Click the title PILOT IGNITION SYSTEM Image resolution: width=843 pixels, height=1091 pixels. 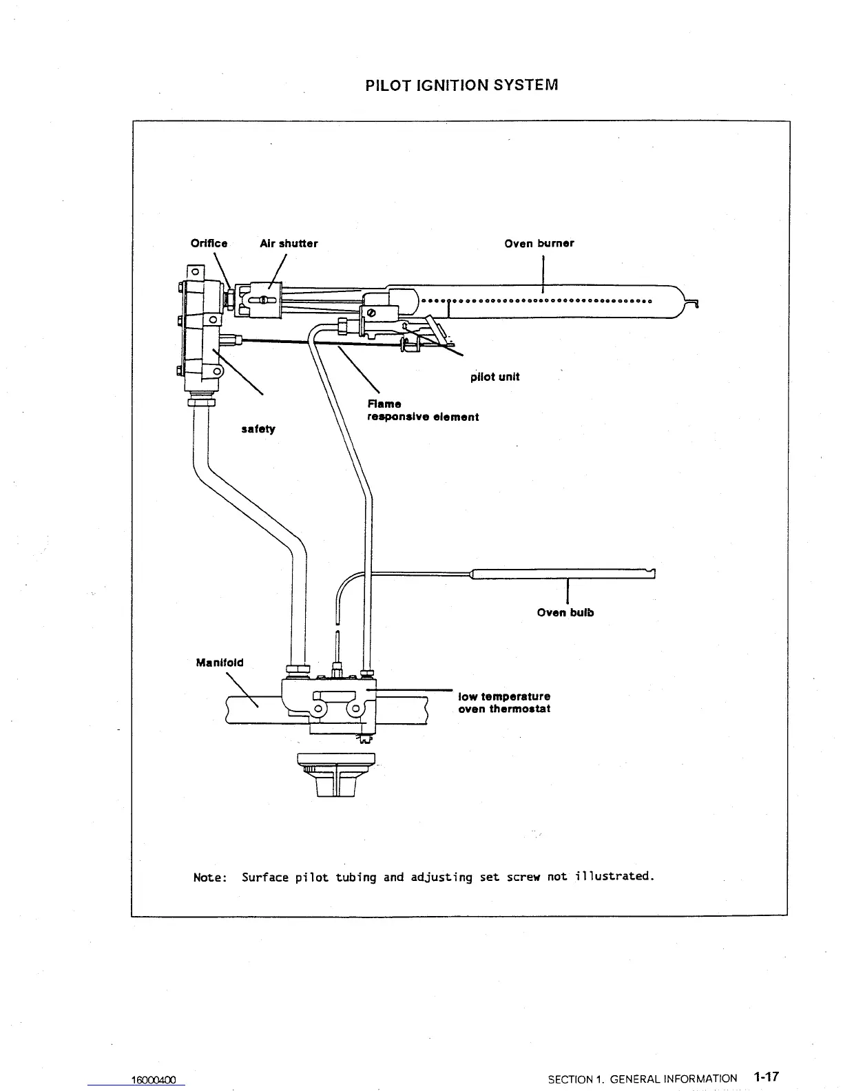(461, 85)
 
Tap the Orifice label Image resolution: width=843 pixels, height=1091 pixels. (209, 243)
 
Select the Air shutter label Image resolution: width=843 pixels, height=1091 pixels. (289, 243)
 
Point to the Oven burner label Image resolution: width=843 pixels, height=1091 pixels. (539, 243)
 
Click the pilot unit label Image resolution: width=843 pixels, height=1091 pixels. (495, 377)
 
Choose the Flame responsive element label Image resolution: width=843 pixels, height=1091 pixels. (422, 411)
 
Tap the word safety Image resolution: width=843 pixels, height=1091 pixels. (258, 429)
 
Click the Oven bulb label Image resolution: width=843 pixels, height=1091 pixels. (565, 612)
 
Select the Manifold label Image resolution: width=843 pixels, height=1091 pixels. (220, 663)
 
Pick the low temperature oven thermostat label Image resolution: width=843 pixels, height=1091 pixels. (504, 703)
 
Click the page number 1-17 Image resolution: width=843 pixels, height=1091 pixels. (765, 1077)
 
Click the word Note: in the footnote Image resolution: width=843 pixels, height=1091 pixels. (210, 877)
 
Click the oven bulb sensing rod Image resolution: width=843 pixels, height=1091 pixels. (561, 572)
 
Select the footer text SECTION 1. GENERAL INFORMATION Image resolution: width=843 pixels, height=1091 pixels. (642, 1079)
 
